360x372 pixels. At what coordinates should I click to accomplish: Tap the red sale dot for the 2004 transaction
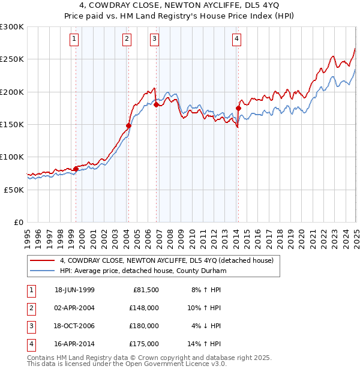(x=128, y=126)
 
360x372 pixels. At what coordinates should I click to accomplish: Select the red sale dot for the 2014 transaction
(x=238, y=109)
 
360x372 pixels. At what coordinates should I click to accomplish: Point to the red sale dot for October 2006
(x=157, y=105)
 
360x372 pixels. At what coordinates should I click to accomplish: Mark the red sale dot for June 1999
(x=76, y=169)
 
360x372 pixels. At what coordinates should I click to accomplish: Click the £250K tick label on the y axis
(x=12, y=59)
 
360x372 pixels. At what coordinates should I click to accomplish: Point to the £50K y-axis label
(x=14, y=190)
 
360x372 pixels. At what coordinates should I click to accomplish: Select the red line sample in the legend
(x=43, y=260)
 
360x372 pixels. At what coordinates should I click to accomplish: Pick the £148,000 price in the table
(x=144, y=308)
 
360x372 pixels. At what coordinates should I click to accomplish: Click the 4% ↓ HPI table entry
(x=206, y=326)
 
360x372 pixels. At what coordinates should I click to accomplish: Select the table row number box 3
(x=31, y=326)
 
